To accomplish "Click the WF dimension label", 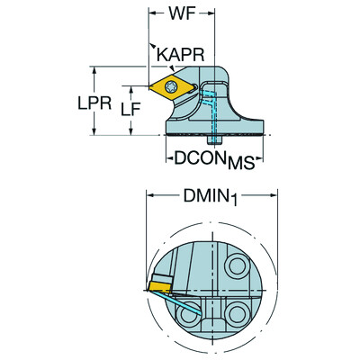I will click(x=180, y=16).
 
